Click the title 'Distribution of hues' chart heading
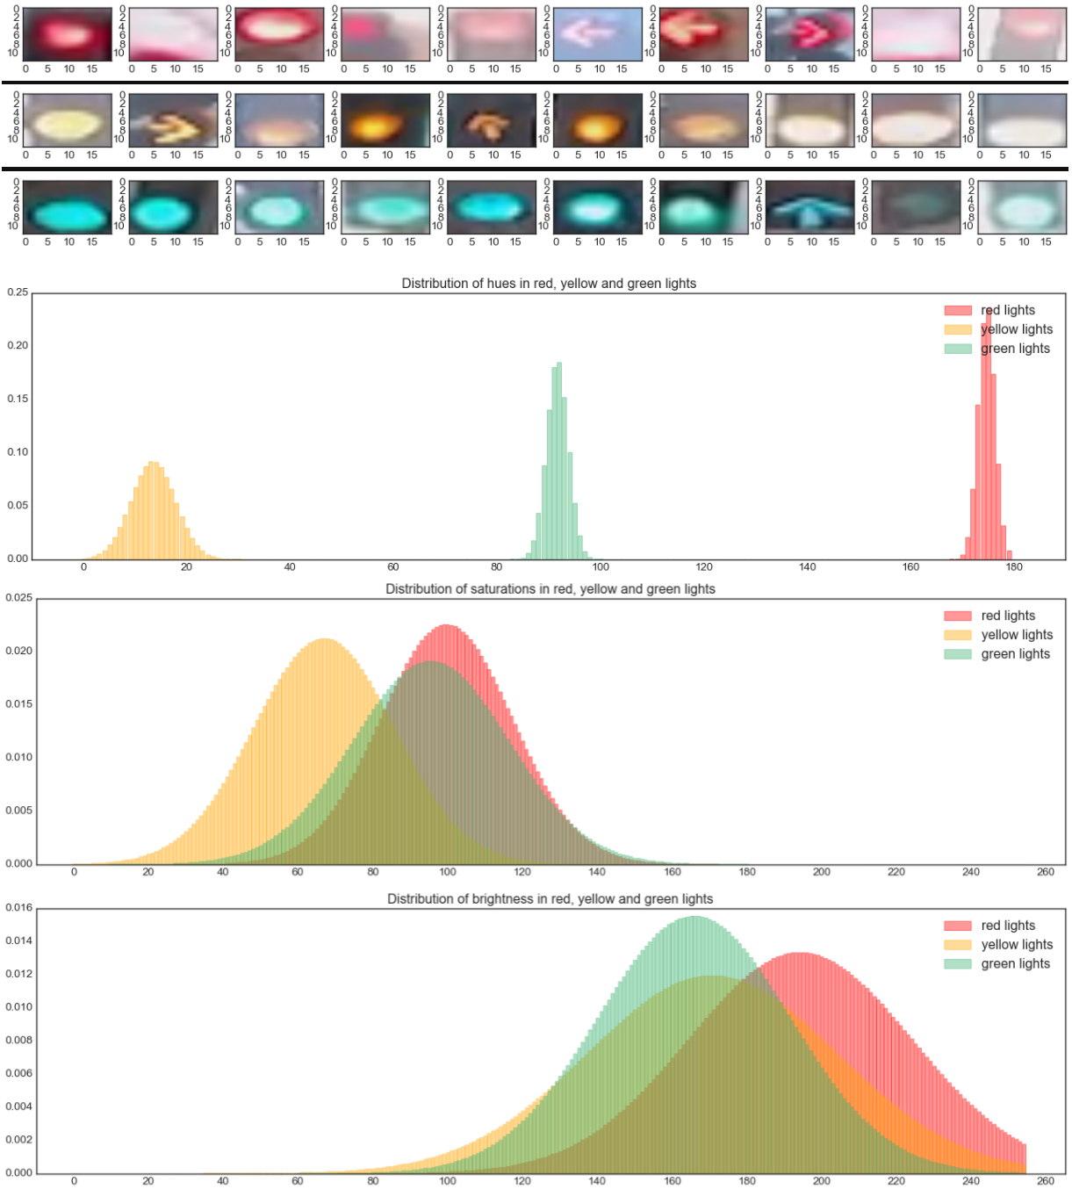tap(549, 284)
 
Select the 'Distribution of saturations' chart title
tap(550, 589)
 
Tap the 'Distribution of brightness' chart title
tap(550, 899)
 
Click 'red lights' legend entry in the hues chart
tap(1007, 310)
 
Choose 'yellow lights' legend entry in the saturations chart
tap(1016, 635)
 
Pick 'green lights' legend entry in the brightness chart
tap(1015, 963)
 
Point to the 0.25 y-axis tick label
tap(17, 292)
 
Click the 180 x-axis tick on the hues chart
tap(1014, 566)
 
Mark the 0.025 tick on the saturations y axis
tap(18, 598)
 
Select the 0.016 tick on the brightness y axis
tap(18, 909)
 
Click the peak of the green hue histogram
tap(558, 364)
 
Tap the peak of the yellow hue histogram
tap(154, 463)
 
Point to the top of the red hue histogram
tap(989, 310)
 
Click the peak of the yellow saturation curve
tap(323, 640)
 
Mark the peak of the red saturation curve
tap(447, 626)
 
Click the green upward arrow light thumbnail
tap(809, 208)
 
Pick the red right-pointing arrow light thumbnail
tap(809, 34)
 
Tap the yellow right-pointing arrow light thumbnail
tap(173, 121)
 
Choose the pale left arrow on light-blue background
tap(597, 34)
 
